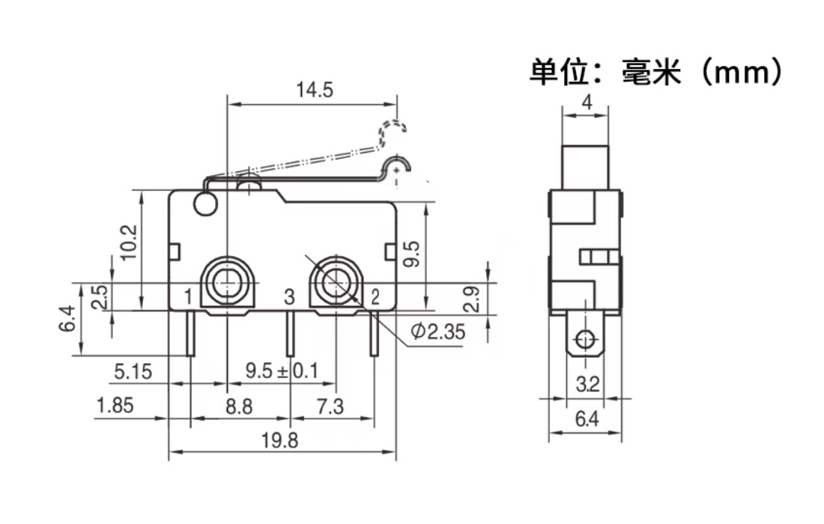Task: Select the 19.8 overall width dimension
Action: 282,441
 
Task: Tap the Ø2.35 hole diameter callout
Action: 438,332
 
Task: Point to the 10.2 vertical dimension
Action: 128,242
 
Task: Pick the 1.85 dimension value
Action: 115,406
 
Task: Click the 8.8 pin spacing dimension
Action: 239,406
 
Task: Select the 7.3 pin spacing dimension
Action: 330,406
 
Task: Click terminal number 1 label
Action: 188,297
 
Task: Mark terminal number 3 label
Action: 290,297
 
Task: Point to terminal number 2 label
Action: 375,297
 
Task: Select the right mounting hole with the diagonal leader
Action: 335,283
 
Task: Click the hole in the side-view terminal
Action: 586,341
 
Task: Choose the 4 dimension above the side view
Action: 587,103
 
